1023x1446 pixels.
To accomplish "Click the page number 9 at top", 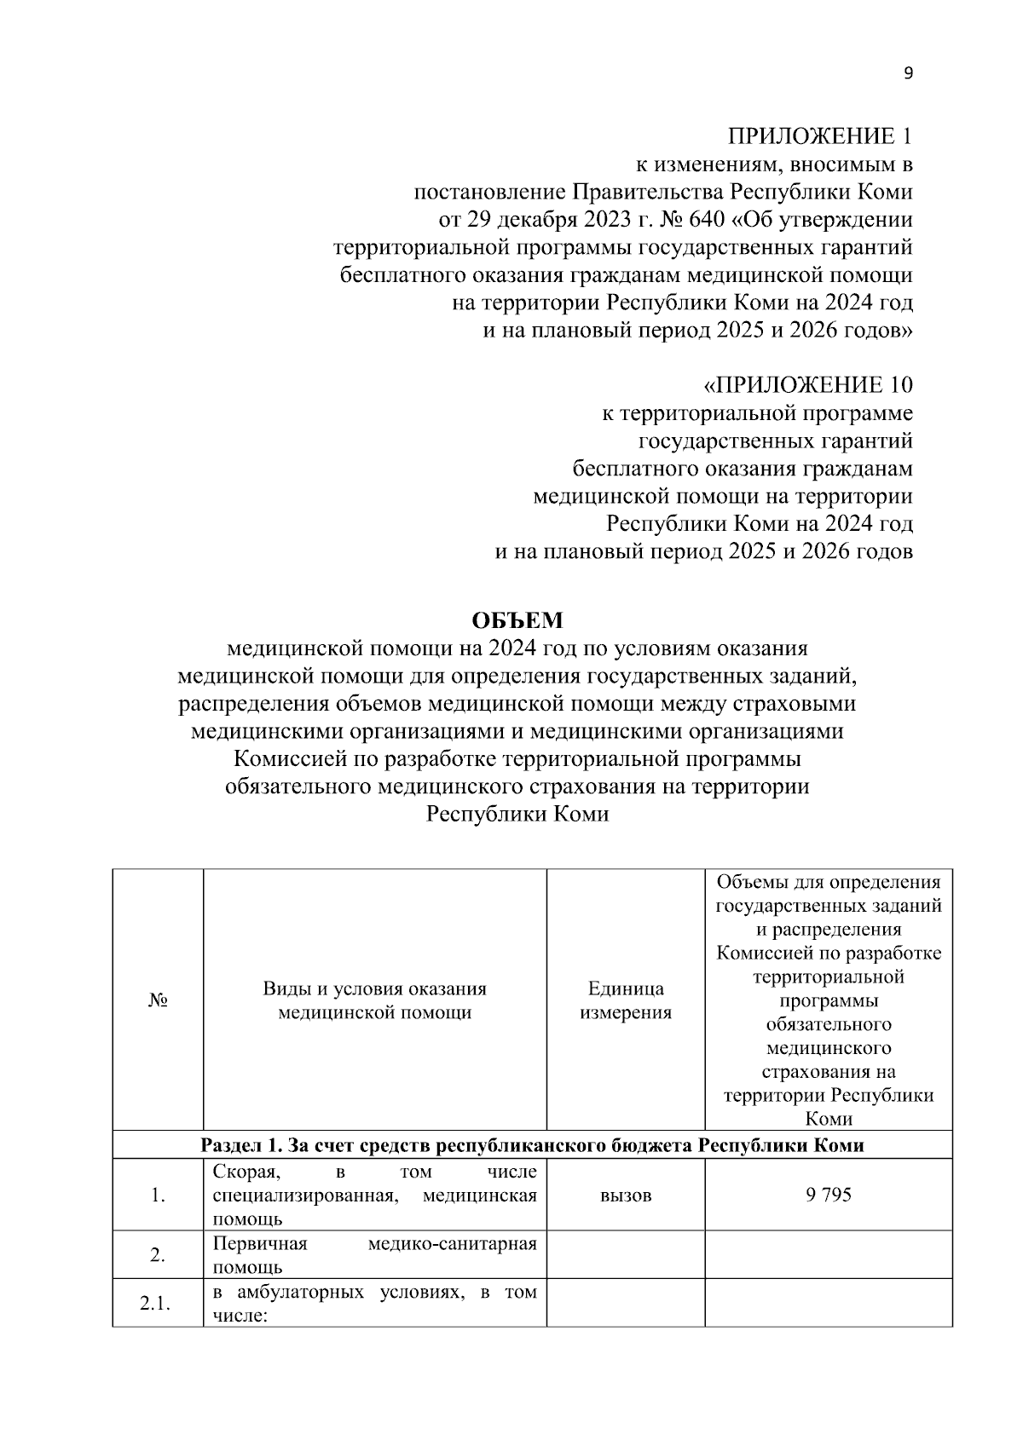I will [x=908, y=73].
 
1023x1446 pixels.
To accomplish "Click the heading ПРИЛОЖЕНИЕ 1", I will [x=819, y=136].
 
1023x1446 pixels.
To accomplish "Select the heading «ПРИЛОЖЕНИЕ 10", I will [x=807, y=385].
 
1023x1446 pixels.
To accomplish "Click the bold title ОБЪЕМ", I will [x=517, y=620].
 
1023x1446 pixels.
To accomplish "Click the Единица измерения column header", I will [x=626, y=1000].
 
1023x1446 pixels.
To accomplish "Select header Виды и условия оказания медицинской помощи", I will [x=374, y=1000].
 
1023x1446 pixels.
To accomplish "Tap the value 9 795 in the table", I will [x=828, y=1195].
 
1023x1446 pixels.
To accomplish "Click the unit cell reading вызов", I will [x=626, y=1195].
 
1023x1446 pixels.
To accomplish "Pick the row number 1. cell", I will [x=157, y=1195].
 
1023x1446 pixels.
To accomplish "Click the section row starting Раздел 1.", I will [x=532, y=1145].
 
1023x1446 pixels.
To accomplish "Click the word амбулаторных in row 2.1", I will [x=298, y=1293].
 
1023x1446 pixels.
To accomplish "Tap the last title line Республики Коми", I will [x=517, y=814].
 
